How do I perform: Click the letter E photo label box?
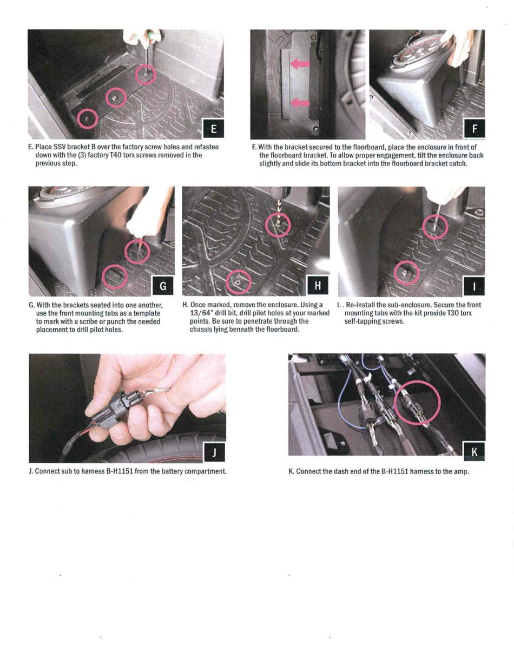214,129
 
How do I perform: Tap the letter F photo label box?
475,129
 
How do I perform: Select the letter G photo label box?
163,286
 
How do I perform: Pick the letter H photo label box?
318,286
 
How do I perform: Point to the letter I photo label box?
474,286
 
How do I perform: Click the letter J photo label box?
214,452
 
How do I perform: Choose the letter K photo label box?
474,451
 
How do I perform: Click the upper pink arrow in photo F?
300,64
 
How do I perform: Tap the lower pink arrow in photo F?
300,103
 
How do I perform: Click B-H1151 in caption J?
120,471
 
